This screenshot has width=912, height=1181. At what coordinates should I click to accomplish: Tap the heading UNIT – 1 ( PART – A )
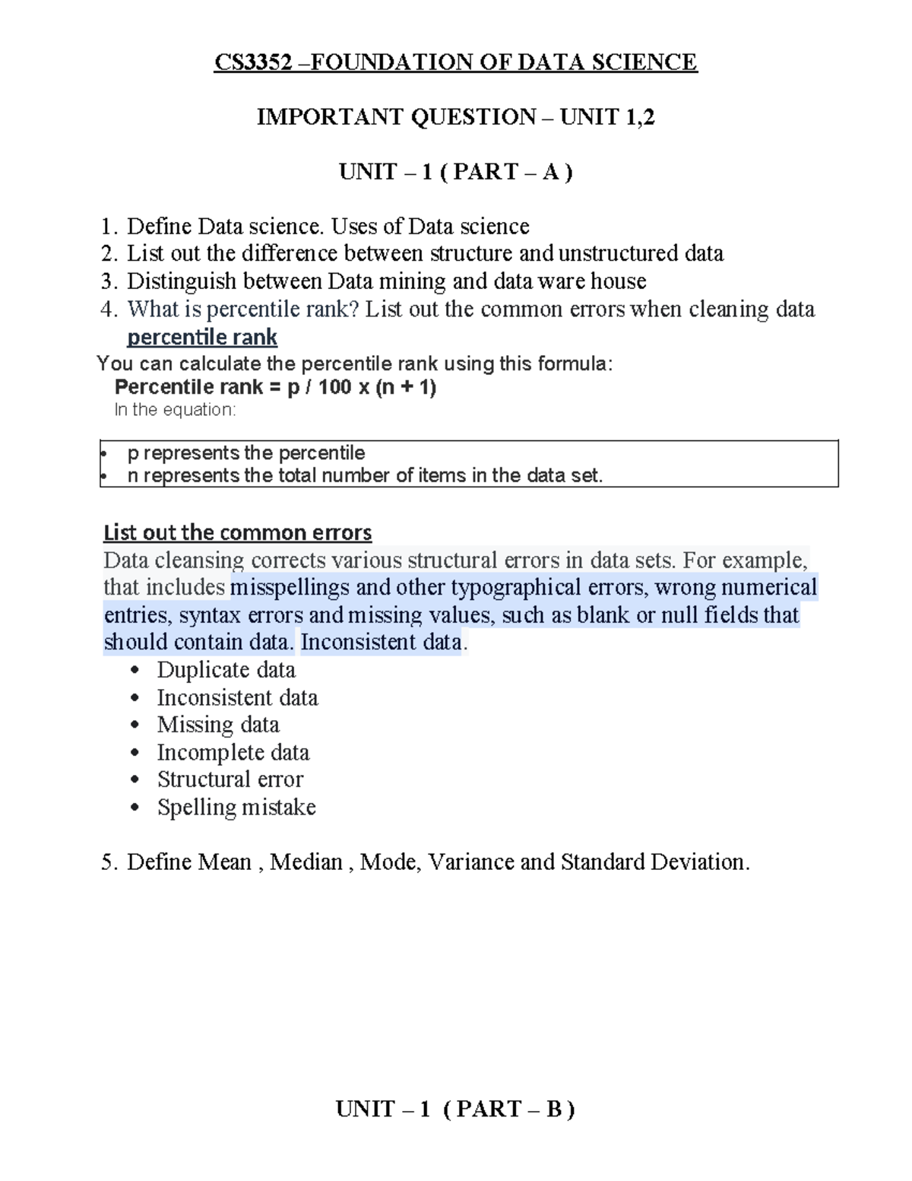pyautogui.click(x=455, y=172)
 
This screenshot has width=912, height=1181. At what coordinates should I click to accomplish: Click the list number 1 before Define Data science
pyautogui.click(x=108, y=227)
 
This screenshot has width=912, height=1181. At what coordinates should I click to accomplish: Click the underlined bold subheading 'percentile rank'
pyautogui.click(x=201, y=337)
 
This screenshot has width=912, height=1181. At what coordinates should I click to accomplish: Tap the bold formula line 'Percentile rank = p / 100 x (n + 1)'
pyautogui.click(x=275, y=387)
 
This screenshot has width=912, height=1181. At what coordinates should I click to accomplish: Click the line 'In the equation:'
pyautogui.click(x=175, y=410)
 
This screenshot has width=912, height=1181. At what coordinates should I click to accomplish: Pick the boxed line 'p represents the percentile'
pyautogui.click(x=246, y=453)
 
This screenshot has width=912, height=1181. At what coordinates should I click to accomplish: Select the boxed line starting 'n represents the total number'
pyautogui.click(x=365, y=476)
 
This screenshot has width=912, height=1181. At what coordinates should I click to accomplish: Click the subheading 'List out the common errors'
pyautogui.click(x=237, y=532)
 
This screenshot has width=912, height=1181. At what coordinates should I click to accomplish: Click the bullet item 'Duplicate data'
pyautogui.click(x=226, y=670)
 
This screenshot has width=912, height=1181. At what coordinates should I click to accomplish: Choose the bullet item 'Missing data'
pyautogui.click(x=218, y=725)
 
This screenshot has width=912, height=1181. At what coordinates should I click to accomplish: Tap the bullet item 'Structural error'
pyautogui.click(x=230, y=779)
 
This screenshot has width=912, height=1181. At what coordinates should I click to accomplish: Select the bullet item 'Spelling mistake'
pyautogui.click(x=236, y=807)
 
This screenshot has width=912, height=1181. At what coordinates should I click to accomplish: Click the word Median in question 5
pyautogui.click(x=306, y=862)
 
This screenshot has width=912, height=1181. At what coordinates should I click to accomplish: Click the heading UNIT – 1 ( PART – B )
pyautogui.click(x=455, y=1110)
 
